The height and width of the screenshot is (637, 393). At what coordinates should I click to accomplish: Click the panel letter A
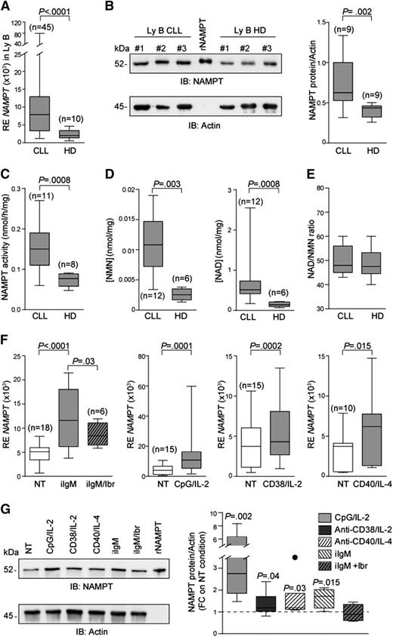click(x=7, y=7)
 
